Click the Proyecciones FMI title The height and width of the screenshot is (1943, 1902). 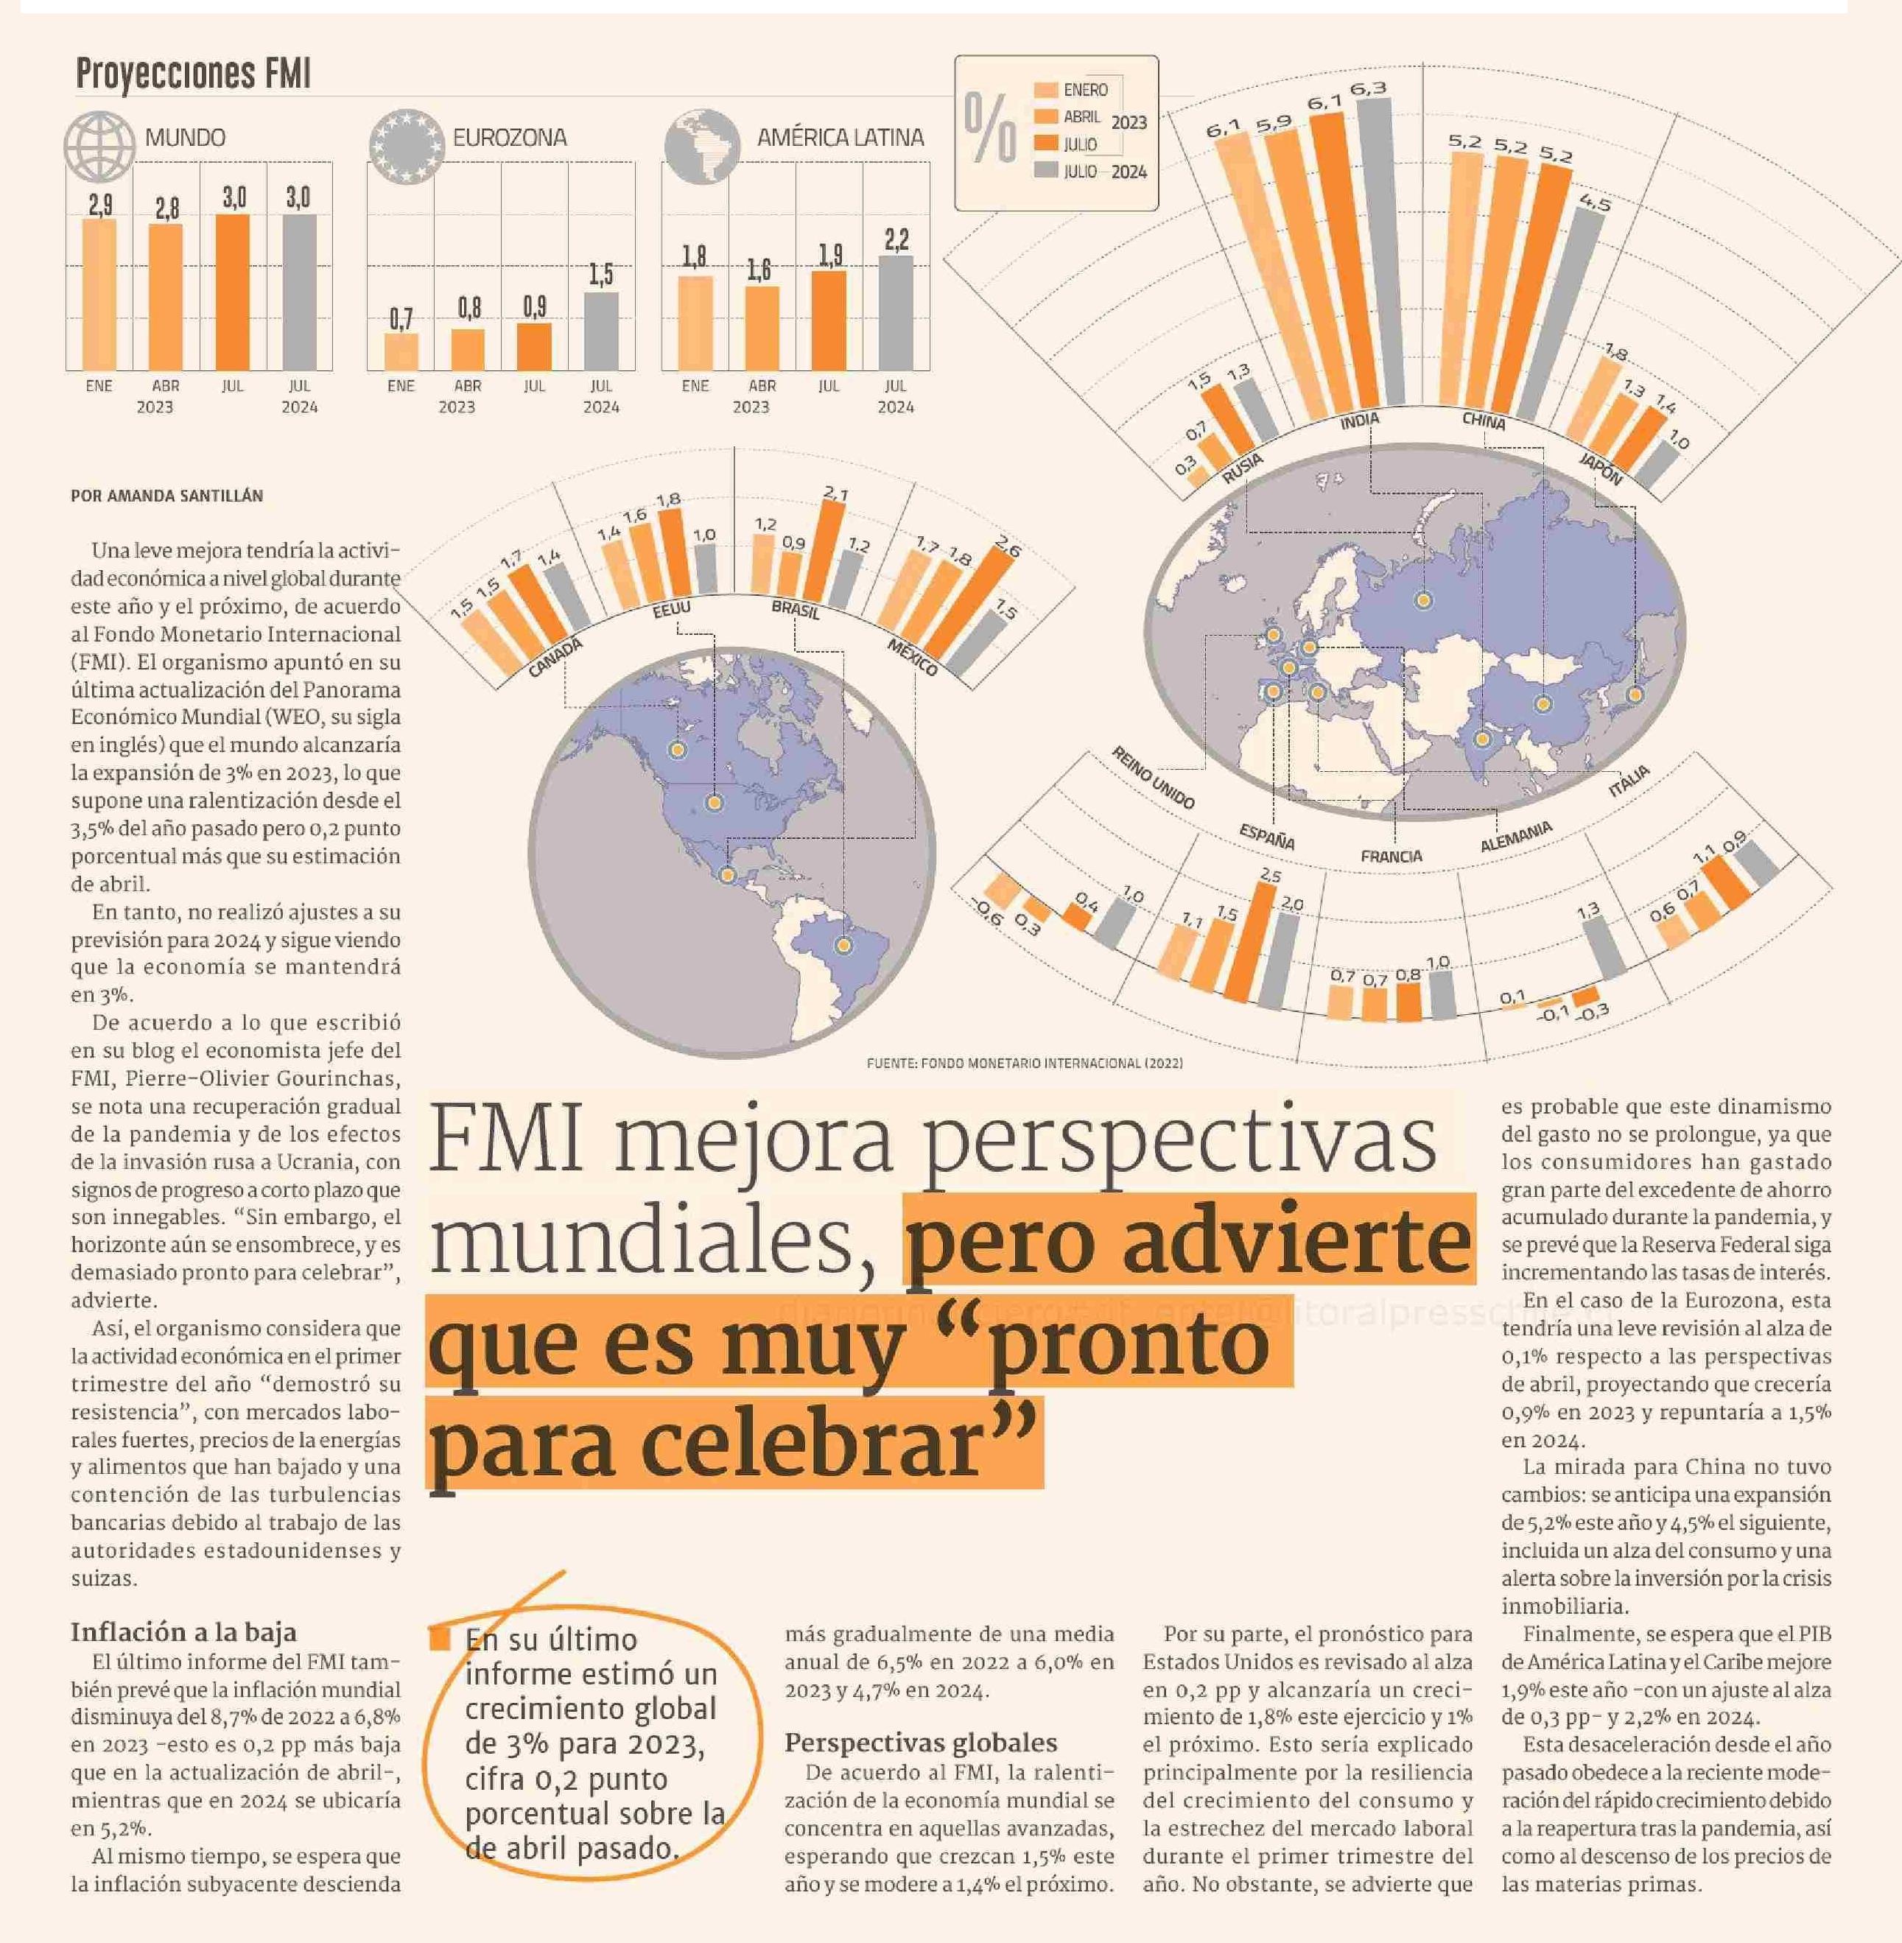(193, 74)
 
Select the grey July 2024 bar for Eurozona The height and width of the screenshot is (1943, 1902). (600, 331)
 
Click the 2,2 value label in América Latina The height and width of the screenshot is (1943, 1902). (896, 240)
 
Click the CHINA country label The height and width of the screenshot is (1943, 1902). (1484, 421)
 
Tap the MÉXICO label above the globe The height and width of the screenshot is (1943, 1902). (912, 656)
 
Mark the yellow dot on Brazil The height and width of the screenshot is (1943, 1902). (844, 945)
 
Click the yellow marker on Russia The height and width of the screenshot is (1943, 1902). (1422, 600)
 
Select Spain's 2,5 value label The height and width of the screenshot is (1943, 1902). (1270, 876)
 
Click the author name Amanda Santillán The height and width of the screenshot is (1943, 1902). (166, 496)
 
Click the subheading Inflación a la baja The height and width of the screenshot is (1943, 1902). (183, 1632)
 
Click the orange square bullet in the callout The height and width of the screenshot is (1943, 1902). (440, 1640)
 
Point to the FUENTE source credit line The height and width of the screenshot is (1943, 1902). (1024, 1063)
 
